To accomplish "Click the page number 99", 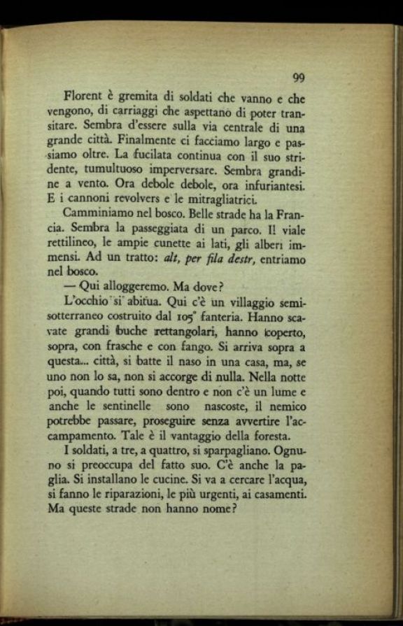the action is coord(298,77).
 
